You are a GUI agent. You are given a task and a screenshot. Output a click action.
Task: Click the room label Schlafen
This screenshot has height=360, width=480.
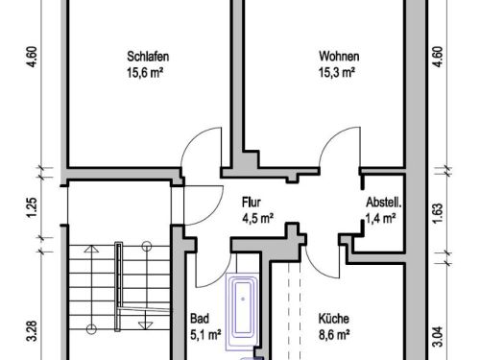click(x=148, y=57)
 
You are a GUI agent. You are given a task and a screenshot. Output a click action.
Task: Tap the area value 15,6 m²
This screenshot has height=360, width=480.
click(x=145, y=73)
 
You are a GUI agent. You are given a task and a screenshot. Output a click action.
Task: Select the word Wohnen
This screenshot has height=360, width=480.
click(x=339, y=57)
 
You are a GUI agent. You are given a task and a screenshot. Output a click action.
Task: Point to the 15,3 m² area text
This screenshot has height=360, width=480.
click(x=337, y=73)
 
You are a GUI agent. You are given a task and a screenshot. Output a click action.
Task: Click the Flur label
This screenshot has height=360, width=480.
click(x=252, y=203)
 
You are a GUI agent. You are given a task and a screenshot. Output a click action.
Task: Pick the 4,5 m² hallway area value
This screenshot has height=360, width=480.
click(x=257, y=219)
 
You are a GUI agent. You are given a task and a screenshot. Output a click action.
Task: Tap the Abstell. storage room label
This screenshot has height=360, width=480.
click(x=384, y=203)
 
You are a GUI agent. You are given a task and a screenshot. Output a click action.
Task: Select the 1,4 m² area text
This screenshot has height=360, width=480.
click(x=381, y=219)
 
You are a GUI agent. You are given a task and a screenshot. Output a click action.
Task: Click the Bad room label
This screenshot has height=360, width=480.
click(x=200, y=319)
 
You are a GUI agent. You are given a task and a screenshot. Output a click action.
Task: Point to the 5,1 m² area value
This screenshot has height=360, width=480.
click(x=205, y=335)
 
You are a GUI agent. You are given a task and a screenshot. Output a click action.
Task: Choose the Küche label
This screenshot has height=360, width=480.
click(x=334, y=319)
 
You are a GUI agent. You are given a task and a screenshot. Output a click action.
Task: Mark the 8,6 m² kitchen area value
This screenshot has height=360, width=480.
click(x=334, y=335)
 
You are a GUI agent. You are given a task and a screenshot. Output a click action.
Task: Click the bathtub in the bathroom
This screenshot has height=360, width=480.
click(x=242, y=312)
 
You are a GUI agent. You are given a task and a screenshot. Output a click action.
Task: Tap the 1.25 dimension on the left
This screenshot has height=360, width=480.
click(x=32, y=208)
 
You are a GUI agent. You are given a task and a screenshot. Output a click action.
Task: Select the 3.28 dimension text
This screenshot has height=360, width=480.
click(x=33, y=331)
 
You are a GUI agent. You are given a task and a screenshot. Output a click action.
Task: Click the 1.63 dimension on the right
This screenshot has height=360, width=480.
click(x=438, y=213)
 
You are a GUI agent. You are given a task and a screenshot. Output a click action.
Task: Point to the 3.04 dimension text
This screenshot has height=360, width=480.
click(x=438, y=337)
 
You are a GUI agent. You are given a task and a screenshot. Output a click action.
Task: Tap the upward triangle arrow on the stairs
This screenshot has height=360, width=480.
click(x=91, y=249)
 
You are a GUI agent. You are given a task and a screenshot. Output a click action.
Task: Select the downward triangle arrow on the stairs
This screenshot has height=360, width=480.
click(x=146, y=325)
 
